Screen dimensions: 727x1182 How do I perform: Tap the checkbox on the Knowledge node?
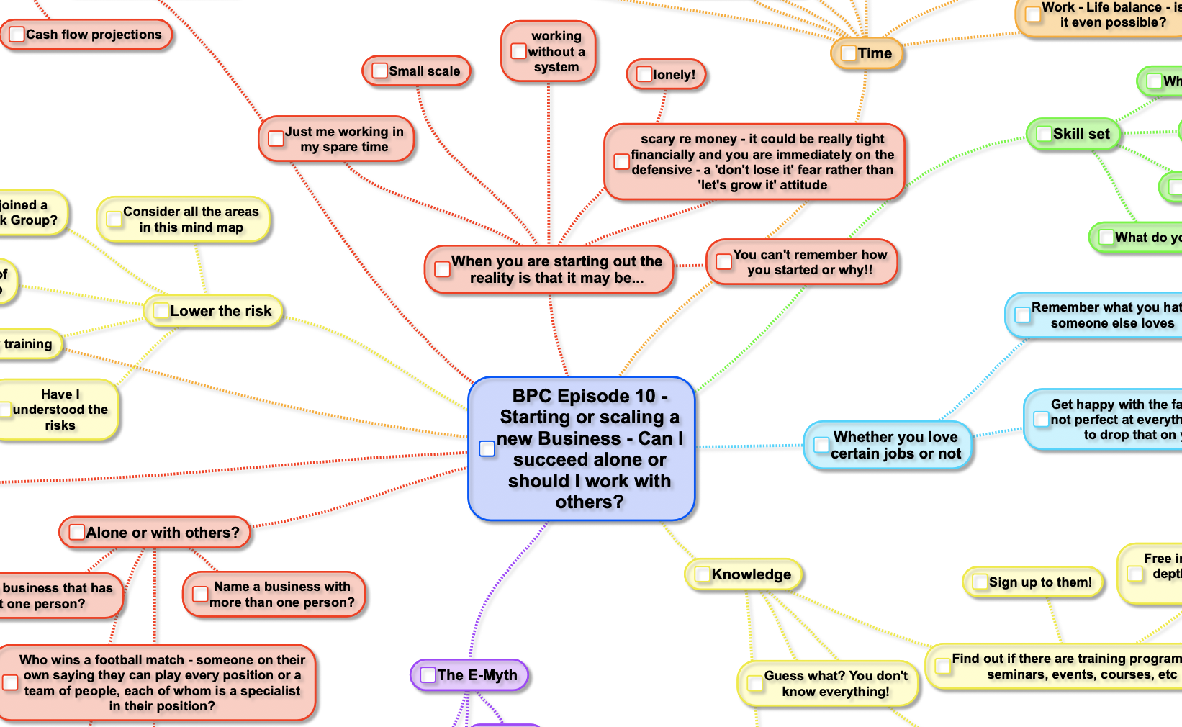click(702, 574)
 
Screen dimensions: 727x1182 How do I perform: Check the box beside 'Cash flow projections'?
click(17, 35)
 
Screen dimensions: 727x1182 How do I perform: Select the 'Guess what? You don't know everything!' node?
click(835, 684)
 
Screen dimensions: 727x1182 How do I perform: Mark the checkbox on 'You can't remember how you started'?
click(724, 262)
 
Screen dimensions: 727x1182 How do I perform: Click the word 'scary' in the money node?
click(657, 139)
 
